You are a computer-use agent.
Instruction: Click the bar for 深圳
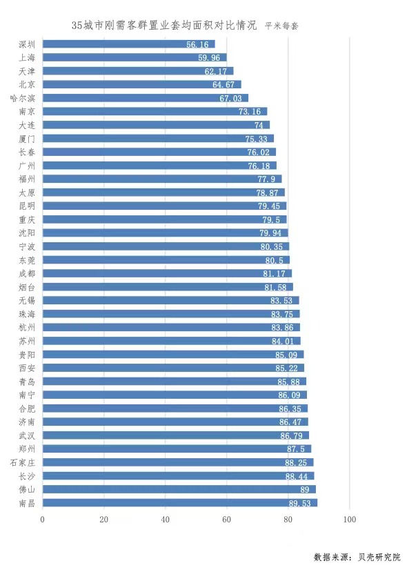[124, 44]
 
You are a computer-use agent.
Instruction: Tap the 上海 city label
[28, 58]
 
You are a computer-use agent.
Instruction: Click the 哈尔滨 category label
[24, 98]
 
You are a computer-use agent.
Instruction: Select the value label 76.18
[262, 166]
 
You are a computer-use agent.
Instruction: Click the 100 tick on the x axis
[349, 520]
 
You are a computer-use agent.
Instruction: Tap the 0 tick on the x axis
[43, 520]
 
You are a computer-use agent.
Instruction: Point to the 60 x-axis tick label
[226, 520]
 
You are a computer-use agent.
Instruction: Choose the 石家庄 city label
[24, 462]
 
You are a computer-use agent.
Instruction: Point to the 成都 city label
[28, 273]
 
